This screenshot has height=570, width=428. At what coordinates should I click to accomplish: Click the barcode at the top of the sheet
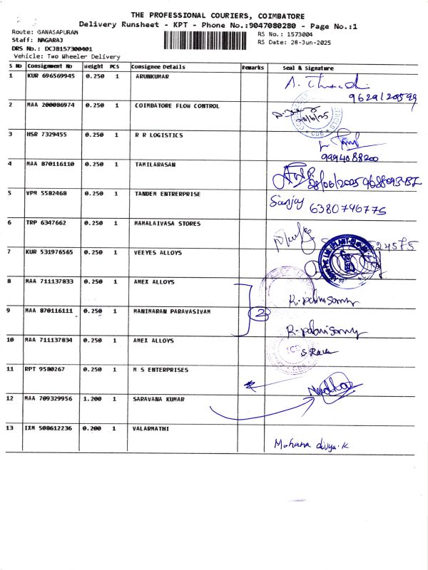pos(209,39)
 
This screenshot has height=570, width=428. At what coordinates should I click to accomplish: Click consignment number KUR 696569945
pos(50,75)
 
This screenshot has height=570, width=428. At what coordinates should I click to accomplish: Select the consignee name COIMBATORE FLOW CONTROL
pos(177,105)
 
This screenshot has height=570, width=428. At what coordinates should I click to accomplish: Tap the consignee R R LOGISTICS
pos(159,134)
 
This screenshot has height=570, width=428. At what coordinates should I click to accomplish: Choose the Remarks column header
pos(253,66)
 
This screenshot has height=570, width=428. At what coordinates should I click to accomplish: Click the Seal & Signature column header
pos(302,66)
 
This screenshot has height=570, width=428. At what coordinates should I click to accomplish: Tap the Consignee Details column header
pos(158,66)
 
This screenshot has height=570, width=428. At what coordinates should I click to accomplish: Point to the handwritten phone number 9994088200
pos(350,157)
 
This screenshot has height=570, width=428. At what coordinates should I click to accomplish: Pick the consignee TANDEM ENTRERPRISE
pos(168,192)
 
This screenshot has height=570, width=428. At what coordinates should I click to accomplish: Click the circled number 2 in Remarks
pos(261,311)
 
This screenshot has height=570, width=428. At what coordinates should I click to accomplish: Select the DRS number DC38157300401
pos(68,48)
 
